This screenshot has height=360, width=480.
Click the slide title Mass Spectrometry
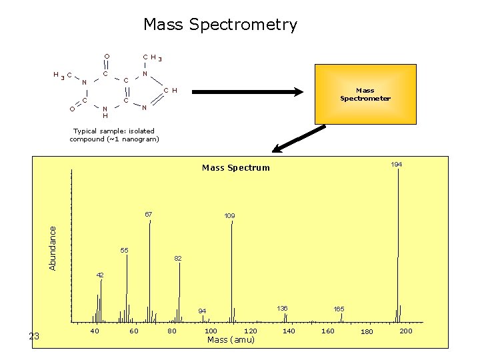220,25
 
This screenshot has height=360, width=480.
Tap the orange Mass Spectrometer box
365,94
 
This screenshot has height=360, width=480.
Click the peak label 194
397,164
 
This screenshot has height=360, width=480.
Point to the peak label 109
229,216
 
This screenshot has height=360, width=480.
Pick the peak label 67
149,215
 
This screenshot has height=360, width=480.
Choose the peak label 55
124,250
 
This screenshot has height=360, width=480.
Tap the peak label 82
178,258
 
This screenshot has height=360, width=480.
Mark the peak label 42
100,275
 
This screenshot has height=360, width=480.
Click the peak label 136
282,308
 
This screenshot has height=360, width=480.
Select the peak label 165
339,309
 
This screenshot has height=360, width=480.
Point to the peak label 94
202,311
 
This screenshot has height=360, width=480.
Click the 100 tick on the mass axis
211,331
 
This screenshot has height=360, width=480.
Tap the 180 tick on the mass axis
367,332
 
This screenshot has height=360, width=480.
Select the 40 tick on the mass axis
95,331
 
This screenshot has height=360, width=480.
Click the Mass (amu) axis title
231,340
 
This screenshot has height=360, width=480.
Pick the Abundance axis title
53,247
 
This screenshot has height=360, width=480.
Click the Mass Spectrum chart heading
236,168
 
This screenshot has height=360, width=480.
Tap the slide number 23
35,337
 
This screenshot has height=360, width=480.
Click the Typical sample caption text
114,135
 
